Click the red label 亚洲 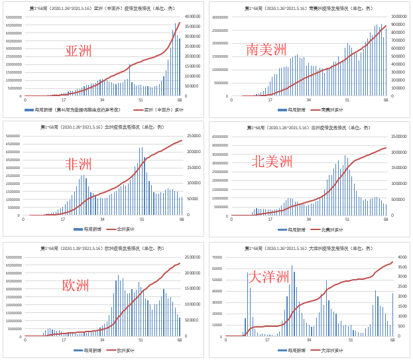coord(78,52)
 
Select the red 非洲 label coord(78,164)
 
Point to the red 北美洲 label coord(272,162)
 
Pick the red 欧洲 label coord(76,286)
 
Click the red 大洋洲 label coord(268,277)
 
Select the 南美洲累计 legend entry coord(328,109)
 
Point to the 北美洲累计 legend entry coord(328,229)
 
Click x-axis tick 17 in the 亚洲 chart coord(63,99)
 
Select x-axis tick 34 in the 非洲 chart coord(102,219)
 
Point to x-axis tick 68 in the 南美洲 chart coord(386,99)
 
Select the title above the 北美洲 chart coord(309,128)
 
